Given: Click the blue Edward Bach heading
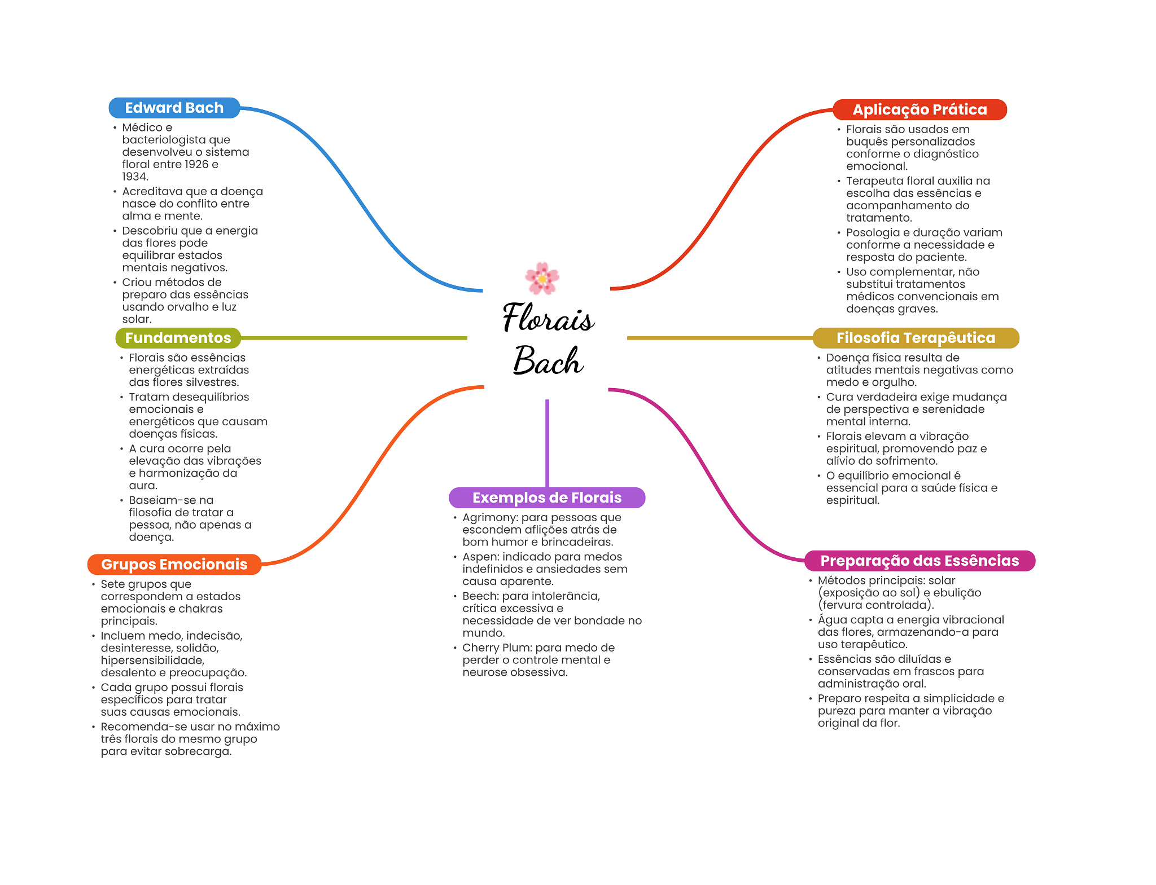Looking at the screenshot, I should [x=174, y=108].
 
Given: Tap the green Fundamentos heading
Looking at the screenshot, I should [x=178, y=338].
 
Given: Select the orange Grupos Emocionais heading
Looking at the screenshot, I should [x=174, y=564].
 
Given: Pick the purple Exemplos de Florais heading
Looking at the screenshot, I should [x=546, y=497].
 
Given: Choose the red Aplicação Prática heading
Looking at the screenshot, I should [x=919, y=109].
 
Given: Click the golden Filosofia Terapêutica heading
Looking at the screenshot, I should [x=916, y=338].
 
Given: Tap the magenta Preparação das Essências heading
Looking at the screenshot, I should [x=919, y=561].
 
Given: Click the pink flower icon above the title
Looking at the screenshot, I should [x=542, y=278].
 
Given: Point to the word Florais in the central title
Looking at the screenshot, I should [x=548, y=318].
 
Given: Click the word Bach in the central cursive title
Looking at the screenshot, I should [x=548, y=361].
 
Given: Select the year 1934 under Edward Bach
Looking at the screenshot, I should [x=134, y=177].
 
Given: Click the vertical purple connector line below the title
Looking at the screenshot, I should [x=547, y=443].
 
